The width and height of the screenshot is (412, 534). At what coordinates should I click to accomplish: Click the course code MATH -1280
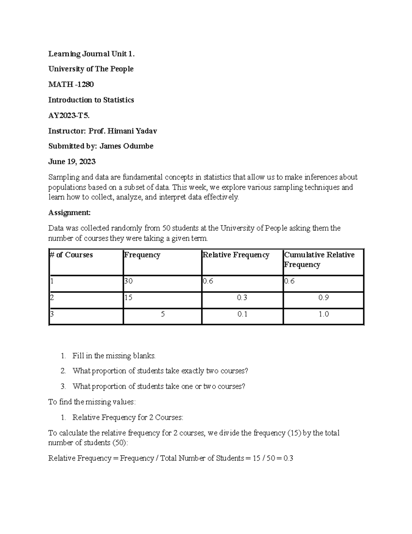tap(71, 84)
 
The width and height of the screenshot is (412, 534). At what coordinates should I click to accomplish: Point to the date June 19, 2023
tap(72, 162)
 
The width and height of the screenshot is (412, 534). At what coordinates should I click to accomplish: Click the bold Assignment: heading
tap(69, 212)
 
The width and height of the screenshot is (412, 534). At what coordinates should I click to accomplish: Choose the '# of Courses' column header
tap(71, 255)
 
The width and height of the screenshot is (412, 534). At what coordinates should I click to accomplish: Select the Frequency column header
tap(142, 255)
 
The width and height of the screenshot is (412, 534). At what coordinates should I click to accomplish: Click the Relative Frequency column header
tap(236, 255)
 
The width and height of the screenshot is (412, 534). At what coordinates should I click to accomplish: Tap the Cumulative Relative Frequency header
tap(319, 260)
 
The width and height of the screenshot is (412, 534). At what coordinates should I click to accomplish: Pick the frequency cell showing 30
tap(128, 281)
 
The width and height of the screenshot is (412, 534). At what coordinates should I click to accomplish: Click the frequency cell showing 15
tap(128, 297)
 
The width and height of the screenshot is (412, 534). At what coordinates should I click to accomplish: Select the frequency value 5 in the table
tap(163, 314)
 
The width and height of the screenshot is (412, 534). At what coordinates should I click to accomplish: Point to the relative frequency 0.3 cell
tap(242, 297)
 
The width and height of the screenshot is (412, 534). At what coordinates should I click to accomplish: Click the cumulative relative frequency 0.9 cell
tap(323, 297)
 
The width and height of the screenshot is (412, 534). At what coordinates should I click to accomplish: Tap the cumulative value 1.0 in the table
tap(323, 314)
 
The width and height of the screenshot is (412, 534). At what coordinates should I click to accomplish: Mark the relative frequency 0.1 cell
tap(242, 314)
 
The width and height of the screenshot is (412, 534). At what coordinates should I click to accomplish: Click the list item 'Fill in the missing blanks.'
tap(114, 356)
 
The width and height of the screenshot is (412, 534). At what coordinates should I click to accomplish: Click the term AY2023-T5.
tap(69, 115)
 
